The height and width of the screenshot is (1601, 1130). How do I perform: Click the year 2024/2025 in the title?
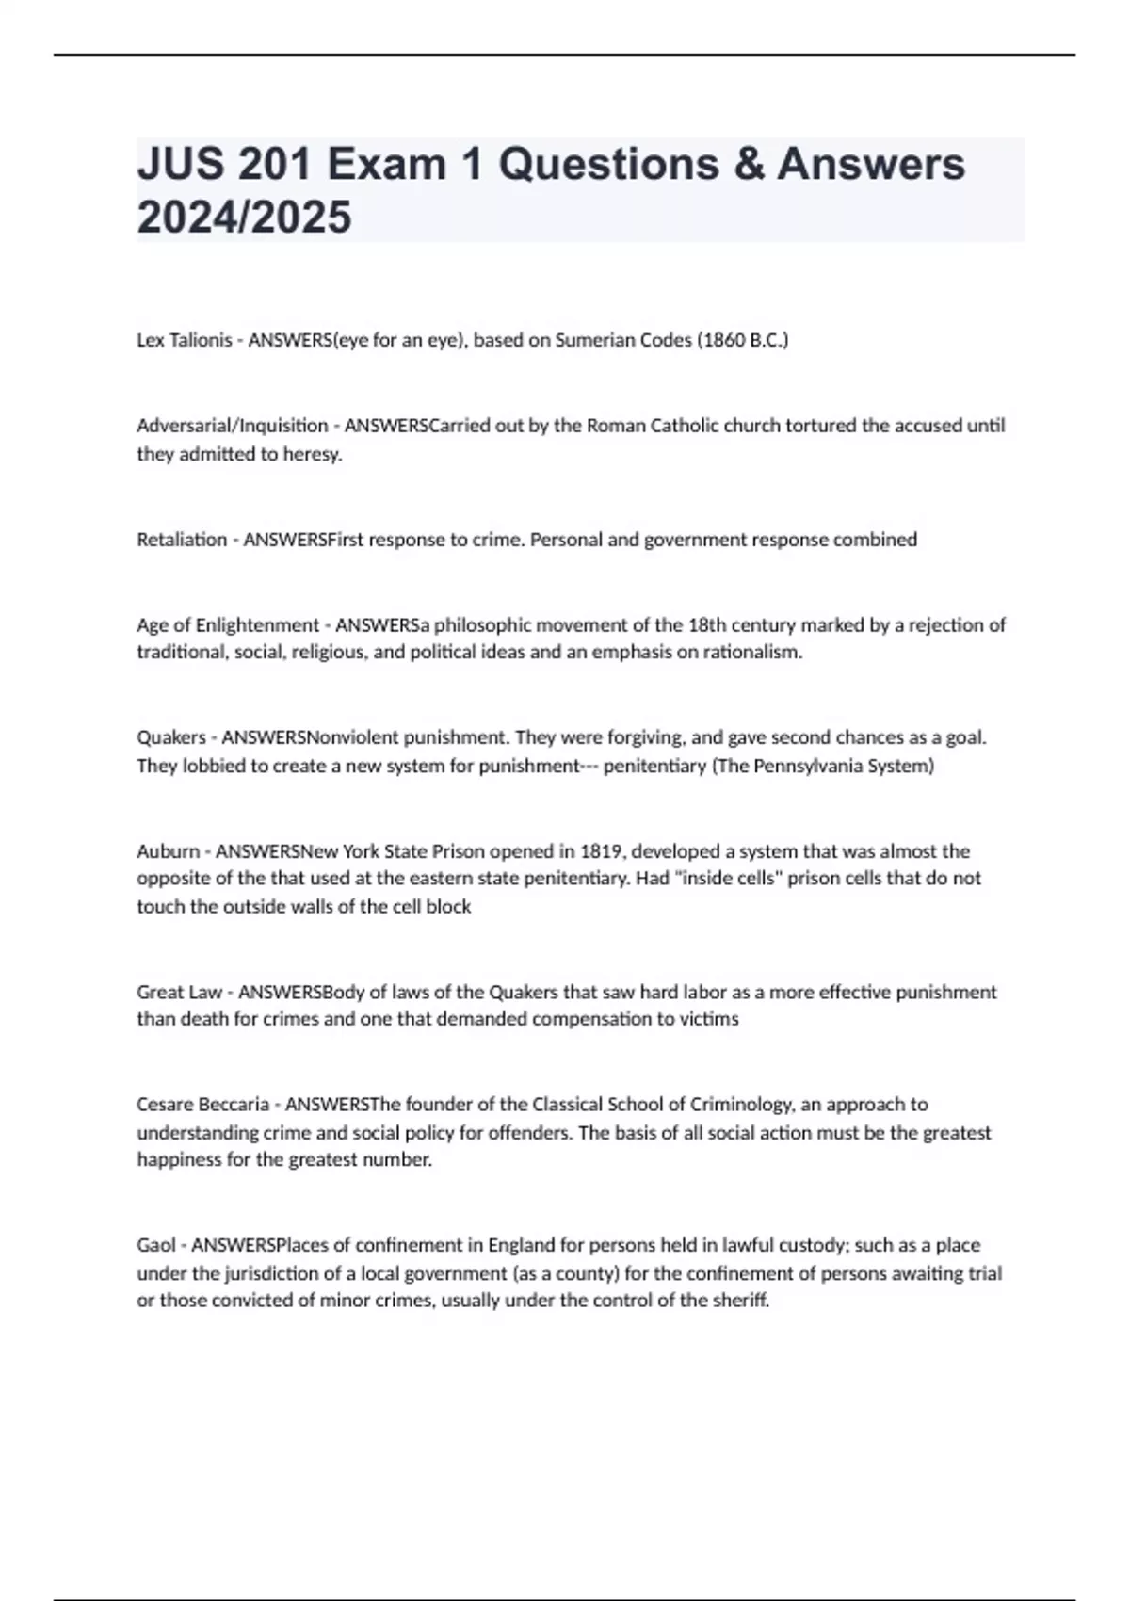(x=244, y=218)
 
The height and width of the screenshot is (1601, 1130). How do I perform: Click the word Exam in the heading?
(x=386, y=165)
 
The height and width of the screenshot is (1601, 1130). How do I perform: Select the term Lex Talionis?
(x=184, y=340)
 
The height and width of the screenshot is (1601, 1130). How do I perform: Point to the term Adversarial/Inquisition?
(x=233, y=426)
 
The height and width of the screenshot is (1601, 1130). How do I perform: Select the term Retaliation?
(x=182, y=540)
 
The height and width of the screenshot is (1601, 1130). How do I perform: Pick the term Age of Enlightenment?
(x=228, y=624)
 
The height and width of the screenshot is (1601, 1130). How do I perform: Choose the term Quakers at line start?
(x=170, y=737)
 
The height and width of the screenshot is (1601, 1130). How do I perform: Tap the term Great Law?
(x=179, y=992)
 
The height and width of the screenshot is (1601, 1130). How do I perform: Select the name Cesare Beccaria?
(x=202, y=1104)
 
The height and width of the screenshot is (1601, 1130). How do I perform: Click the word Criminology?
(x=743, y=1104)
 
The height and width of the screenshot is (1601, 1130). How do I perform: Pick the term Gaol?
(x=156, y=1245)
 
